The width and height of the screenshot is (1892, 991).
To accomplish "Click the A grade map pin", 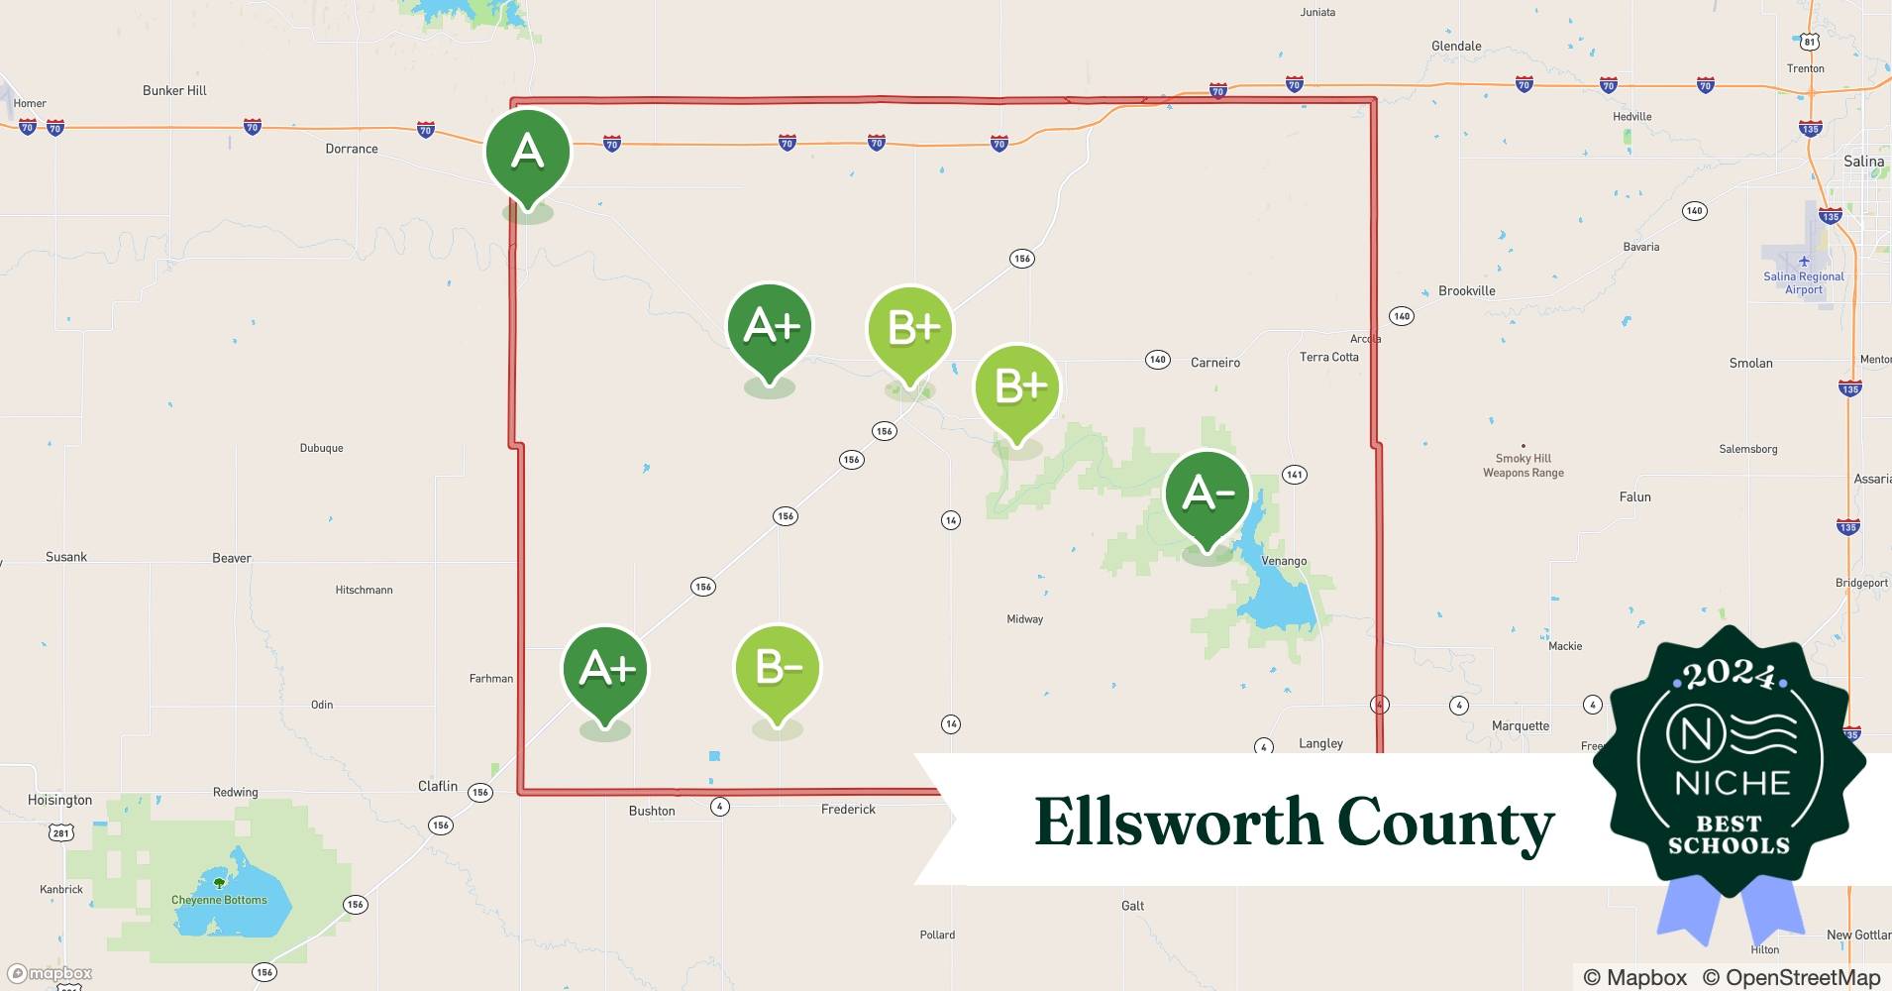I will coord(527,153).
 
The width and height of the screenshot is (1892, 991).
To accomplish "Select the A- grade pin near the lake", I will coord(1207,495).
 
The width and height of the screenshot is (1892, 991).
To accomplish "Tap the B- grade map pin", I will coord(778,669).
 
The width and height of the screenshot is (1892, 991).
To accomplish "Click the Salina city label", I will coord(1863,162).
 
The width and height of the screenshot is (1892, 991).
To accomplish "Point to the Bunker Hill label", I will coord(174,90).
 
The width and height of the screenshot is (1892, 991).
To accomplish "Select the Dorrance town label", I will coord(352,149).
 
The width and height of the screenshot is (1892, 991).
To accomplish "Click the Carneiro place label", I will coord(1214,363).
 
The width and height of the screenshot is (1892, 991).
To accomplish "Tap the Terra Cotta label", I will coord(1328,357).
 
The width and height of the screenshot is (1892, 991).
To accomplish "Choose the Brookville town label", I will coord(1466,290).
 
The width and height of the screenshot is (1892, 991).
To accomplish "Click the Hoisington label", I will coord(59,800).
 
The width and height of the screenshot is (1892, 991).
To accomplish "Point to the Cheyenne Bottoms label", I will coord(219,900).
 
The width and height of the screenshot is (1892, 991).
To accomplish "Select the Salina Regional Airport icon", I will coord(1804,261).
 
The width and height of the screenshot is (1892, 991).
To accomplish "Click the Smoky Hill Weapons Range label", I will coord(1523,466).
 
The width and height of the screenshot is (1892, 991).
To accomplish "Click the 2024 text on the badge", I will coord(1729,676).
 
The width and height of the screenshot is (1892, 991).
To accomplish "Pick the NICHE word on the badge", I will coord(1732,783).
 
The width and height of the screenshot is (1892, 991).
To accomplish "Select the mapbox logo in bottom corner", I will coord(51,973).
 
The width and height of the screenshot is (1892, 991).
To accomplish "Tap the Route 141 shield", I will coord(1294,475).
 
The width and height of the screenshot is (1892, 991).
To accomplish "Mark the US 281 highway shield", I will coord(61,832).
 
